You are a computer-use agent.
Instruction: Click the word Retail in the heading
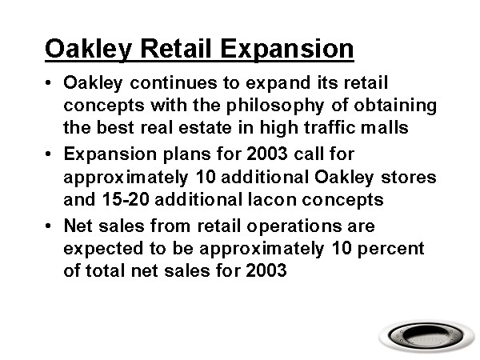(176, 48)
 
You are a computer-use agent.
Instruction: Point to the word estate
(205, 127)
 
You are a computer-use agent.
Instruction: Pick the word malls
(384, 127)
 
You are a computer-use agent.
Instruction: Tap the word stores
(408, 178)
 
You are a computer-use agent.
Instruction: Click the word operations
(294, 227)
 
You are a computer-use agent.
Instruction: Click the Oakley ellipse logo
(426, 336)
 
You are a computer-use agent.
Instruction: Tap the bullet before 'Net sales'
(48, 226)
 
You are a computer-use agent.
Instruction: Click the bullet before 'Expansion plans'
(48, 154)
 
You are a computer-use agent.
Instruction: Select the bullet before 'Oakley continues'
(48, 82)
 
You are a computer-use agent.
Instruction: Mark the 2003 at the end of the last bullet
(266, 270)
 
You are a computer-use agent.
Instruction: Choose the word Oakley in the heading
(89, 50)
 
